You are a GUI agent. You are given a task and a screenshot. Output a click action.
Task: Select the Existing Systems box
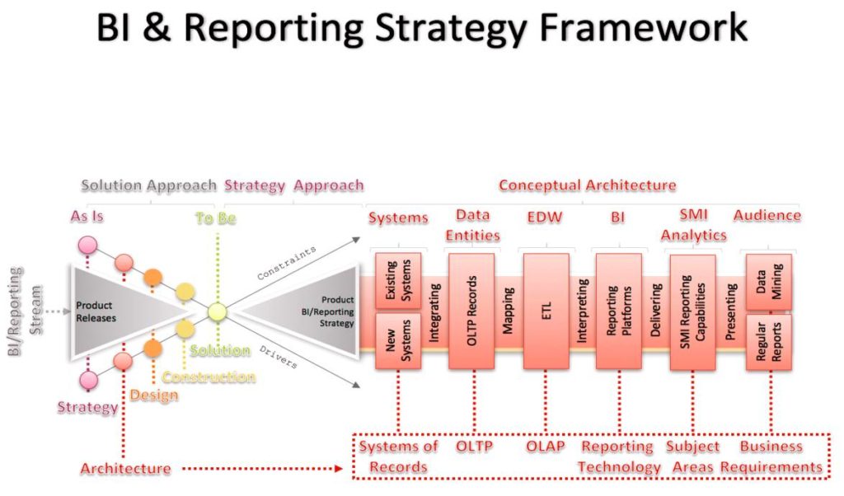tap(398, 280)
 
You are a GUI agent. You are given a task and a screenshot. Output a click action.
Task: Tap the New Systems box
tap(398, 340)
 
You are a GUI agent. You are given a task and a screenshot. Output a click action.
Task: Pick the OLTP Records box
tap(471, 311)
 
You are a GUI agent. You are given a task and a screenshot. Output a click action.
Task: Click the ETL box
tap(546, 311)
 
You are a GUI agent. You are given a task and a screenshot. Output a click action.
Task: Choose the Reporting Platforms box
tap(618, 311)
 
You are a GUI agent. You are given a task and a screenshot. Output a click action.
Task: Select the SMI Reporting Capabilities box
tap(692, 311)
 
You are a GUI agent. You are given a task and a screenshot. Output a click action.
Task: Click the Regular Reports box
tap(768, 339)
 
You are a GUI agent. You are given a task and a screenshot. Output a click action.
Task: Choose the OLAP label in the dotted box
tap(545, 447)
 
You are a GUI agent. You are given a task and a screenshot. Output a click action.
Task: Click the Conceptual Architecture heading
tap(587, 185)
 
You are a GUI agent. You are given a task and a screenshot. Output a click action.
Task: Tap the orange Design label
tap(153, 395)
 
